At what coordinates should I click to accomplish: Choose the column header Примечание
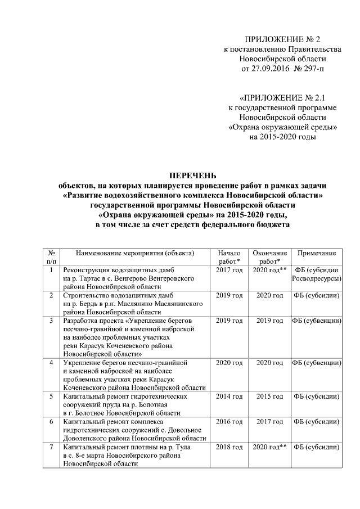point(317,254)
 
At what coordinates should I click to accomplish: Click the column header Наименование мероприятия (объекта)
point(135,254)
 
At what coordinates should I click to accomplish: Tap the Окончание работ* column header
point(269,258)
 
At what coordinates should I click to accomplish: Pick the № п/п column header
point(51,258)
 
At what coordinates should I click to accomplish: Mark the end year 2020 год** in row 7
point(269,447)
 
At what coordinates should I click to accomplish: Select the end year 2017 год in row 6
point(269,422)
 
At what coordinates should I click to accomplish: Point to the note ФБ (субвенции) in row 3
point(317,321)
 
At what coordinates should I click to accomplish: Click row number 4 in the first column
point(51,363)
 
